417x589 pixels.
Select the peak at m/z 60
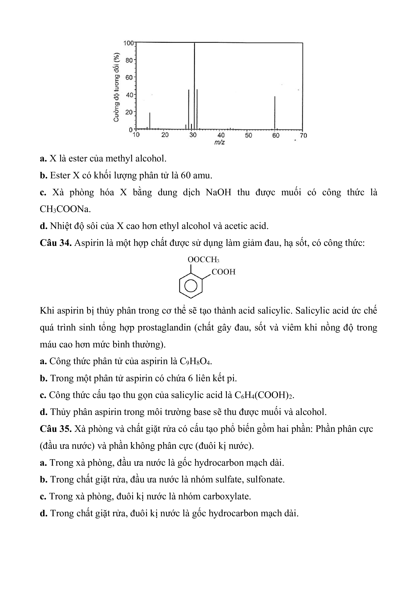point(275,113)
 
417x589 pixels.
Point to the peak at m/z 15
point(150,121)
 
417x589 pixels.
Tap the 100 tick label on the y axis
point(128,43)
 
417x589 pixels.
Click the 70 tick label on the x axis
point(303,135)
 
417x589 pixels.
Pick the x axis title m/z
point(219,142)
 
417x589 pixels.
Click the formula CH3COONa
point(65,209)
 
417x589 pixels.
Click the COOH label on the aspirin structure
point(223,272)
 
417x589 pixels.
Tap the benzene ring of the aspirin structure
point(190,286)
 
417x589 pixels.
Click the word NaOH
point(218,192)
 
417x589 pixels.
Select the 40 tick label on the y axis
point(129,95)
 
